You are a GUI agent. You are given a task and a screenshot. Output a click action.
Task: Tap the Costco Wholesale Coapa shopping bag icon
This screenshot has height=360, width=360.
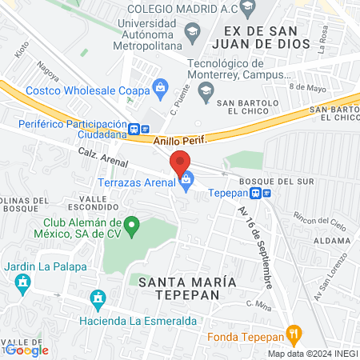coord(160,86)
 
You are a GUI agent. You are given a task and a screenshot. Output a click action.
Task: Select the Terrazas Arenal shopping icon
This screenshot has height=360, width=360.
coord(186,182)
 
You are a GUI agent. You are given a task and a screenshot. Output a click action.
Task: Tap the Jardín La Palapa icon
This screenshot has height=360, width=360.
coord(22,282)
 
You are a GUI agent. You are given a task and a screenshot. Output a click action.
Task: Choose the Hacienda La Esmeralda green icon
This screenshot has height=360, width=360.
coord(98,300)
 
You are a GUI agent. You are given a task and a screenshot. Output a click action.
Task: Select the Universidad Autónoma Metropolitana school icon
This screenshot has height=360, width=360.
coord(192,33)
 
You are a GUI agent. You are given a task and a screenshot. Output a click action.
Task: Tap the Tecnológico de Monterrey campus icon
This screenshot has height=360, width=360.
coord(206,90)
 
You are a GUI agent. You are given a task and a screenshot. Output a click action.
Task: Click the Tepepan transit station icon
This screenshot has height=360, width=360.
coord(260,192)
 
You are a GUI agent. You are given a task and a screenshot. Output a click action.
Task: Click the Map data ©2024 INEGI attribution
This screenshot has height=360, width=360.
coord(311,354)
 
